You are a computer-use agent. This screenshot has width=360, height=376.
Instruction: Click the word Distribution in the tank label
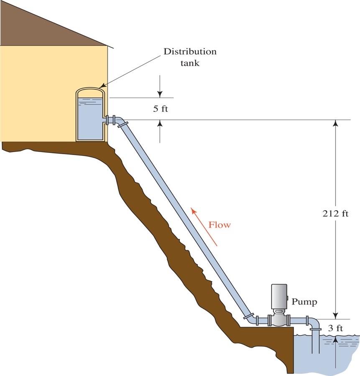[x=190, y=52]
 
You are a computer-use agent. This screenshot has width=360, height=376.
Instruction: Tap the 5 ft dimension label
[x=160, y=109]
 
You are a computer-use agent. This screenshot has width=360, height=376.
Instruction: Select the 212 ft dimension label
[x=335, y=213]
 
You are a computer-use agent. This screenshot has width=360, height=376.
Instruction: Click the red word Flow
[x=220, y=225]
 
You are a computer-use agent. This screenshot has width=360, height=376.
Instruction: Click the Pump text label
[x=304, y=301]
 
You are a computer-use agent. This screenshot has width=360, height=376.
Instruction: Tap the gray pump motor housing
[x=279, y=296]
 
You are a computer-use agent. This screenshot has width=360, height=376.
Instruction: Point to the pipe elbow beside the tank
[x=121, y=122]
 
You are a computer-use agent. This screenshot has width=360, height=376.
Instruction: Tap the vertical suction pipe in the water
[x=316, y=343]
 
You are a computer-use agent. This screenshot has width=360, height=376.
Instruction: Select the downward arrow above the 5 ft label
[x=160, y=93]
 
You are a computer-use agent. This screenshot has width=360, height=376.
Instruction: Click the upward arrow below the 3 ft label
[x=335, y=341]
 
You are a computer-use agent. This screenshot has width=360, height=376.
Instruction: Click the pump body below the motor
[x=278, y=320]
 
